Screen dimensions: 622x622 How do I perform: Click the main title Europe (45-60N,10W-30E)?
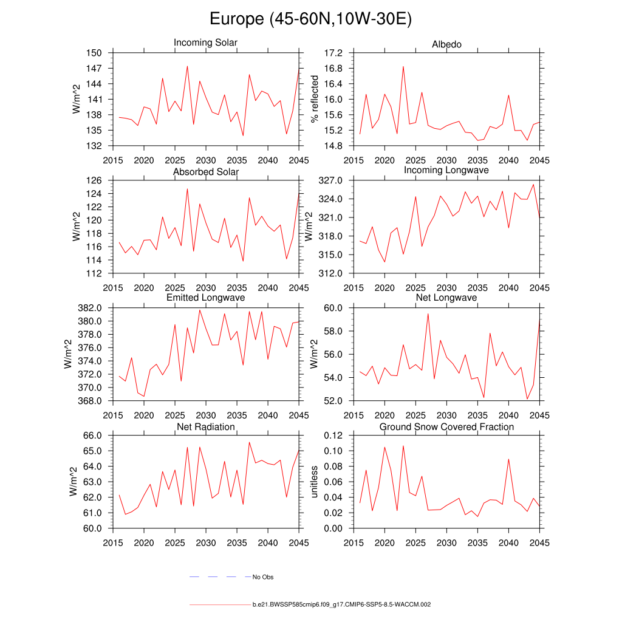point(310,19)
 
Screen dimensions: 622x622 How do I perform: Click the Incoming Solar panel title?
point(205,43)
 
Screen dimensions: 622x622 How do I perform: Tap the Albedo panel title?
point(446,44)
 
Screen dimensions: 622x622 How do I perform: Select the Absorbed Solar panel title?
point(206,172)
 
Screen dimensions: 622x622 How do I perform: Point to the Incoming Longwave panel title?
point(446,170)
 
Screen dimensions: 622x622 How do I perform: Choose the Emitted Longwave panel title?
point(206,298)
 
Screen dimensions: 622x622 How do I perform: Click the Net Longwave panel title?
point(446,298)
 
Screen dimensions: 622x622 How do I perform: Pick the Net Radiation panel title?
point(206,427)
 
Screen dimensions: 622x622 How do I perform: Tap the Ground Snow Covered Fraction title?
point(446,427)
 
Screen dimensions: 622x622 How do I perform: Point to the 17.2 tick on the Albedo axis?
point(335,53)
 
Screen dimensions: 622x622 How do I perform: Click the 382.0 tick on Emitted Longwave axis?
point(92,308)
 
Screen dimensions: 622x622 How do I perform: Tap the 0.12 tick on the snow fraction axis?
point(335,436)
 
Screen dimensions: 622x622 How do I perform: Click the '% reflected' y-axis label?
point(315,99)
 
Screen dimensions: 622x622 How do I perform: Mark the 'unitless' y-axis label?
point(315,482)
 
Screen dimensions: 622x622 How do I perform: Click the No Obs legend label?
point(264,577)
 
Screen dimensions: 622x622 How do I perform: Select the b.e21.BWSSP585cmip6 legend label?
point(341,605)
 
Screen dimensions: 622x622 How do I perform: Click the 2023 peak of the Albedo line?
point(403,67)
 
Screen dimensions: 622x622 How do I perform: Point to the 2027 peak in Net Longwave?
point(428,313)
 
